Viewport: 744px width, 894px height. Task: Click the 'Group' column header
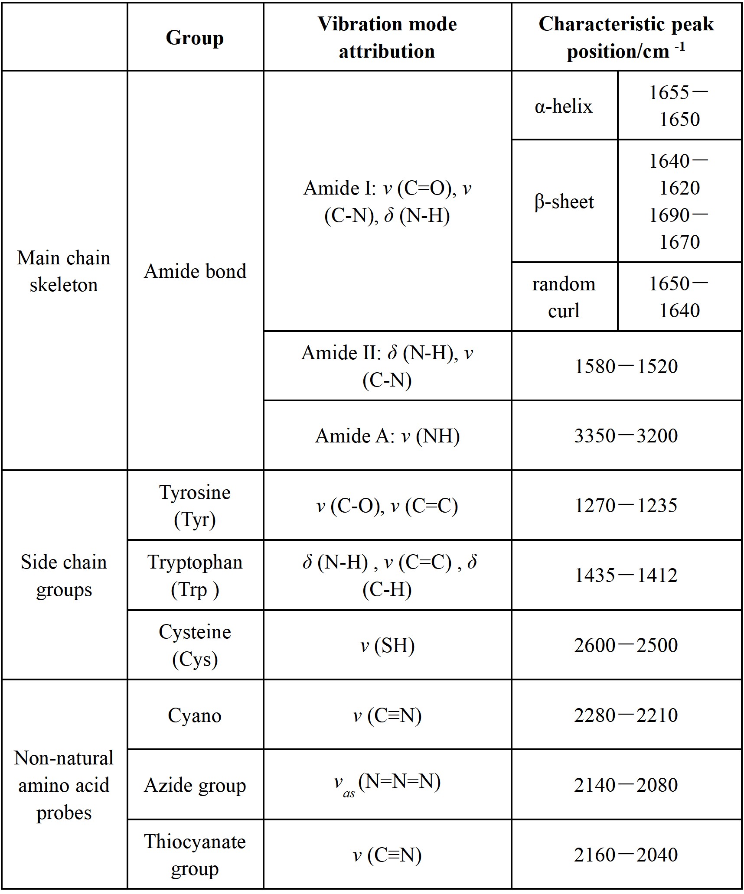195,38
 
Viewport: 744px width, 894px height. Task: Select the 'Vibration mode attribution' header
387,38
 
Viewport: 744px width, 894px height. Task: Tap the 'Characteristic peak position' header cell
626,38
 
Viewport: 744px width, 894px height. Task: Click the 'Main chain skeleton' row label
64,271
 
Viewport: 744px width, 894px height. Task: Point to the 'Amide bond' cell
195,271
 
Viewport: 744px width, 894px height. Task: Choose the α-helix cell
564,106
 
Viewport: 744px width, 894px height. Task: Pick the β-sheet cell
564,202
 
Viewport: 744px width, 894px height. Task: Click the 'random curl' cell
564,297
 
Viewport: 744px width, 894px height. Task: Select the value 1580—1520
626,366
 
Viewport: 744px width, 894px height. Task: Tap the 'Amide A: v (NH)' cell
387,436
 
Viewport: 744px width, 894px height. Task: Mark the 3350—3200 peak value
626,436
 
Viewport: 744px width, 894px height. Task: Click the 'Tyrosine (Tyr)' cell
195,506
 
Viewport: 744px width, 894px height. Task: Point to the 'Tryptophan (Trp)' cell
195,575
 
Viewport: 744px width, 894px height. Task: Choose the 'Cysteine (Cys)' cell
195,645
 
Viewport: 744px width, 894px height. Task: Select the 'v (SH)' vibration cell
387,645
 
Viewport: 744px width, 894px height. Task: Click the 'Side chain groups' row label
64,575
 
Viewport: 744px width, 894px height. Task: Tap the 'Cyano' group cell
195,715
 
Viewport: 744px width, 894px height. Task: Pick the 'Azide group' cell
195,785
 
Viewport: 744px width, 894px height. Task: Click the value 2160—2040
626,855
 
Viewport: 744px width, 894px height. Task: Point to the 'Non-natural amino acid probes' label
64,785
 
